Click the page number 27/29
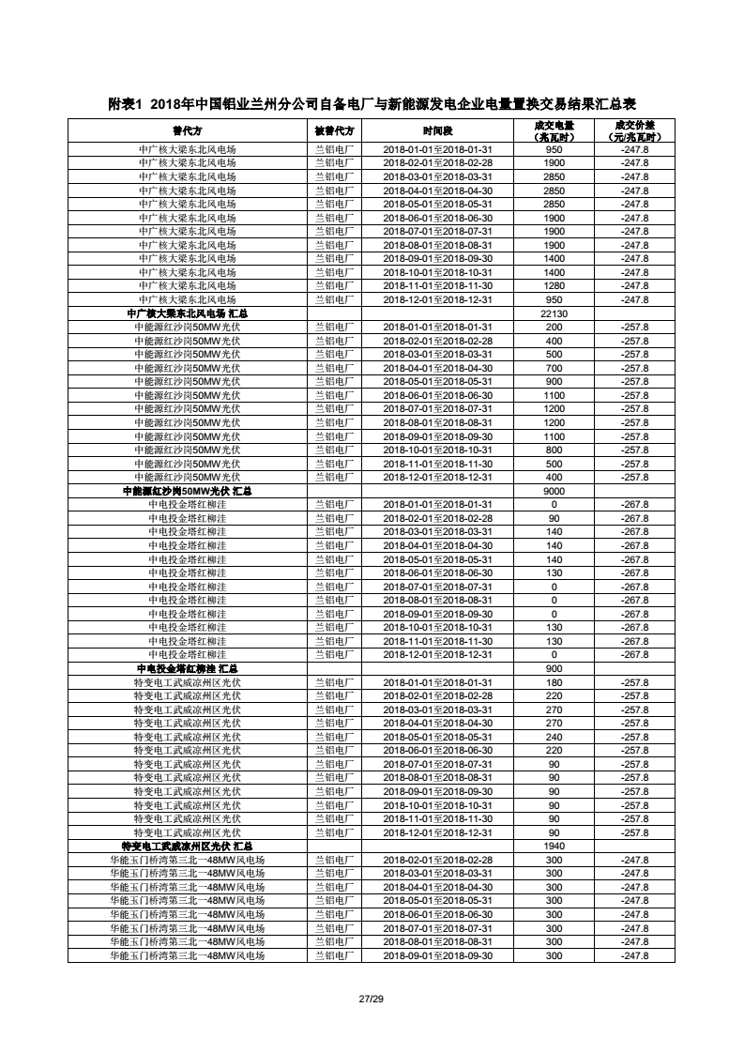[372, 998]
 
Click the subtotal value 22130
[554, 313]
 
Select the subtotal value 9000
[554, 491]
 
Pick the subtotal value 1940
[554, 846]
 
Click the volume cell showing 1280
[554, 285]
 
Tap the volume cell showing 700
[554, 368]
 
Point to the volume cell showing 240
[554, 737]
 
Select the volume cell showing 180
[554, 682]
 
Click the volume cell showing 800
[554, 450]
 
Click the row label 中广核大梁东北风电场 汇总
[187, 313]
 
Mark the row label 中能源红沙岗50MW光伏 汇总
[187, 491]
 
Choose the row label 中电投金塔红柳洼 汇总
[187, 668]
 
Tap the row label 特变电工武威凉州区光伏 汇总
[187, 846]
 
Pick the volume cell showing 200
[554, 327]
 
